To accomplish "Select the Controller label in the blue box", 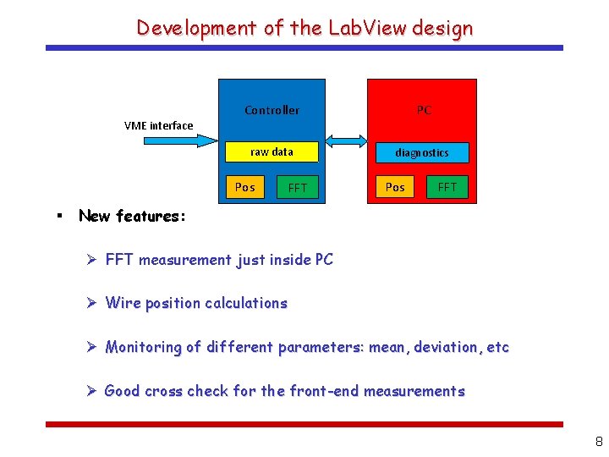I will pos(272,110).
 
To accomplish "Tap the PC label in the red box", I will pos(424,110).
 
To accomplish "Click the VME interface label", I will pos(158,125).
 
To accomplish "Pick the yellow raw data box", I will pos(272,152).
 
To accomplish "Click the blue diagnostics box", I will pos(421,152).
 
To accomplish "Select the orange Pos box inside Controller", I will pos(244,187).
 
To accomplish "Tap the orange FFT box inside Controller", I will pos(298,187).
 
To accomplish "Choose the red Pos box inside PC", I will pos(395,187).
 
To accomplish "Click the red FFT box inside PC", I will pos(447,187).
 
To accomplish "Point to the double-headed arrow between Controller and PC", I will pos(345,140).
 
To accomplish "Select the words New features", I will pos(132,216).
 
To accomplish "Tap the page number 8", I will pos(599,441).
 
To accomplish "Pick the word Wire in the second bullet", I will pos(122,303).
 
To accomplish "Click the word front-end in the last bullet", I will pos(323,391).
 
